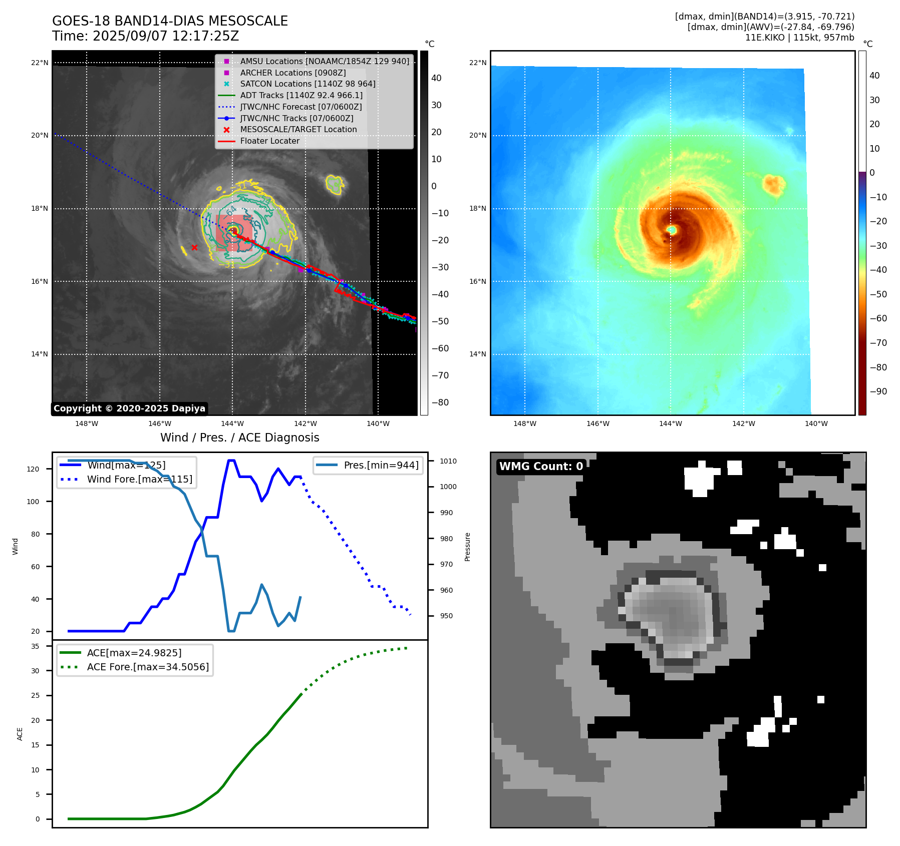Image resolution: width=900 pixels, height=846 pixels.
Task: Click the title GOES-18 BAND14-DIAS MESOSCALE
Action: (170, 21)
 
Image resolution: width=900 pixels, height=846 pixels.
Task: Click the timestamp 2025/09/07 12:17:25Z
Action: (166, 37)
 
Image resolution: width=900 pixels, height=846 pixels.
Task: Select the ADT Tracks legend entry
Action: (301, 95)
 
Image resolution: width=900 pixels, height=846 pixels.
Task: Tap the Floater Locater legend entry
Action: (269, 141)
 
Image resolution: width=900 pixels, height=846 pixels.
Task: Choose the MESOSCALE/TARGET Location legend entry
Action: (298, 130)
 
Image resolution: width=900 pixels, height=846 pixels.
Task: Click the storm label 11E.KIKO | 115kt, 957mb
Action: (799, 38)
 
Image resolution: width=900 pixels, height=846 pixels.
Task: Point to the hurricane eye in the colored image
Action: (672, 230)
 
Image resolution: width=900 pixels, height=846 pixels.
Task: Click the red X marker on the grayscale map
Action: (194, 247)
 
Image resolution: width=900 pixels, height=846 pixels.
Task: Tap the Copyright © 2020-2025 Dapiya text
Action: (129, 408)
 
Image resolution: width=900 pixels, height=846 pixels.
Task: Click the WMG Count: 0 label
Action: (541, 467)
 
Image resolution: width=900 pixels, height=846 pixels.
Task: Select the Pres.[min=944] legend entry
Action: (381, 465)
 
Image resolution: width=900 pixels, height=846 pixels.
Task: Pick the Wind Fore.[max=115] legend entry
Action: (139, 479)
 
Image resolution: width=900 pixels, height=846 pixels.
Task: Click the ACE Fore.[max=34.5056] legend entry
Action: (148, 667)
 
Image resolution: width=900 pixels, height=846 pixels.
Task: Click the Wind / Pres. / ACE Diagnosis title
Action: (239, 438)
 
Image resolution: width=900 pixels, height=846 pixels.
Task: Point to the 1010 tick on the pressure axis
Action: (448, 461)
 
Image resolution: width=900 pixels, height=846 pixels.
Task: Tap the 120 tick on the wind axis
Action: (33, 469)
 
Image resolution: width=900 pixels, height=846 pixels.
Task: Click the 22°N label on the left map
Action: (40, 63)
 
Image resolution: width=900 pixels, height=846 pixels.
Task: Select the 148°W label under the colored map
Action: (524, 424)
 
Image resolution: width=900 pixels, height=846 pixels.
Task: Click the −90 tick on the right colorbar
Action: (878, 391)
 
